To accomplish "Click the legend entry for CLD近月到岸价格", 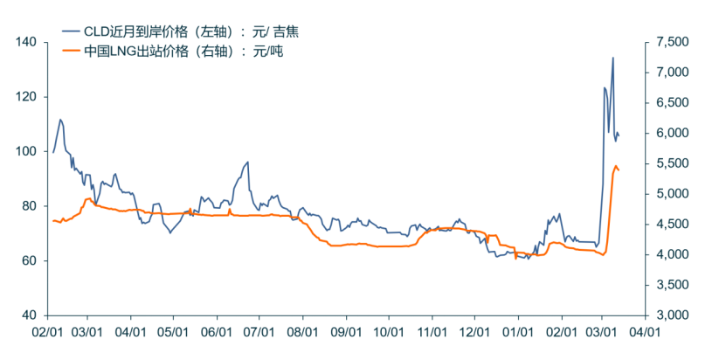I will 191,31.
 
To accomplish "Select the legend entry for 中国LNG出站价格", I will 183,51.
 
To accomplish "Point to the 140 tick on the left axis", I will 25,42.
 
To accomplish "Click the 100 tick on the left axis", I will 25,151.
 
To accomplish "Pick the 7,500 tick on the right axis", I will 672,42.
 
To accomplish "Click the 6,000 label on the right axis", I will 672,133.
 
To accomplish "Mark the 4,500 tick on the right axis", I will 672,224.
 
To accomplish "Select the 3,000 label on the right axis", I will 672,315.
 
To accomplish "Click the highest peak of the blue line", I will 612,58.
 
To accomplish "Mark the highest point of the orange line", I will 616,165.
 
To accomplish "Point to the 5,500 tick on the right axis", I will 672,163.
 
